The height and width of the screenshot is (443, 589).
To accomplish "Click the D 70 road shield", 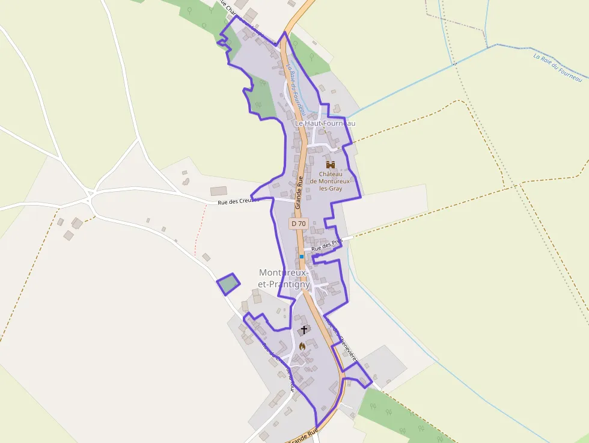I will point(299,224).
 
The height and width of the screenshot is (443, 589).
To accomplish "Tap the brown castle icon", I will point(330,164).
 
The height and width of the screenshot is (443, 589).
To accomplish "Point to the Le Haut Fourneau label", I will point(325,123).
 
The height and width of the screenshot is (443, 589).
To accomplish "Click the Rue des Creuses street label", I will point(239,201).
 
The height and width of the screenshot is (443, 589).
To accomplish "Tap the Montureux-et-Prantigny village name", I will point(284,278).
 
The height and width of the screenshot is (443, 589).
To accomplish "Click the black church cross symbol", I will point(304,329).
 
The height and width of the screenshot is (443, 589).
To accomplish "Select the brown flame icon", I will point(302,346).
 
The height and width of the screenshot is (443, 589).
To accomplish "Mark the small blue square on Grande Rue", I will point(302,257).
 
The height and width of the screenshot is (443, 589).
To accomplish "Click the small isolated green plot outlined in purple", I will point(228,284).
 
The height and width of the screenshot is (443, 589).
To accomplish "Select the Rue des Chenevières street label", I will point(341,341).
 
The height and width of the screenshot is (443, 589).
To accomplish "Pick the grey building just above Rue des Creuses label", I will point(219,191).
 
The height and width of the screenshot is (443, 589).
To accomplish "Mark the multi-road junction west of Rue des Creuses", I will point(91,196).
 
